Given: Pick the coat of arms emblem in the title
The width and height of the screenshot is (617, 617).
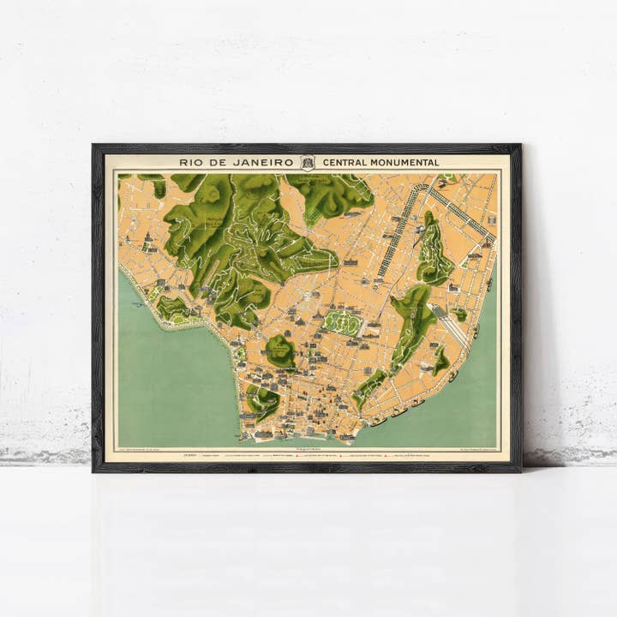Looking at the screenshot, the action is (x=308, y=162).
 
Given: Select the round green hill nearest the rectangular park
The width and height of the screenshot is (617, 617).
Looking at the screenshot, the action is (x=280, y=348).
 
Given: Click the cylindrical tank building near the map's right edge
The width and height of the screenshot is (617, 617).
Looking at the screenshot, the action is (x=485, y=244).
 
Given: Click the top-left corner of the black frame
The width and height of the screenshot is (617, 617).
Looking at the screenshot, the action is (x=94, y=147).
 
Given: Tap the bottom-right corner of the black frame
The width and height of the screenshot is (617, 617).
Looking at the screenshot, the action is (x=519, y=470).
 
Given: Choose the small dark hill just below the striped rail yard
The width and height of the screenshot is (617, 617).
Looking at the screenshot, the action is (x=440, y=361).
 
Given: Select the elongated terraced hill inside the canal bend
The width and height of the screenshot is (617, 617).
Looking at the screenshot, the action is (x=434, y=251).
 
